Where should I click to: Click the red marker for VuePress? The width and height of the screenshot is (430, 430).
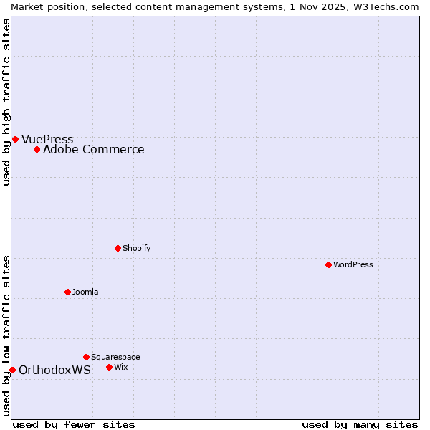tap(15, 139)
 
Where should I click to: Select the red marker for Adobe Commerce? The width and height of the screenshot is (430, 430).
tap(37, 149)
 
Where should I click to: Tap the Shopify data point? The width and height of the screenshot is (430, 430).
tap(118, 248)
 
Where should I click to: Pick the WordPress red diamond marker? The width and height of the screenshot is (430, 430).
tap(328, 264)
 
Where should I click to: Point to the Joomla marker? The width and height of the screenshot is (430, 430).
tap(67, 292)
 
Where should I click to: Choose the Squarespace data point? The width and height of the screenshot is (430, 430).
tap(86, 357)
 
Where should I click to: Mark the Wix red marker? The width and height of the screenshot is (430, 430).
tap(109, 367)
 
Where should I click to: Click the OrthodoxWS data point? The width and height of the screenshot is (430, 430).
tap(12, 370)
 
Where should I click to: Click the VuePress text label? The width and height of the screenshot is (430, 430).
tap(47, 139)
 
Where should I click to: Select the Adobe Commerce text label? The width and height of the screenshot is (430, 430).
tap(93, 149)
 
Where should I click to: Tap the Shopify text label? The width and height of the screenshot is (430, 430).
tap(136, 248)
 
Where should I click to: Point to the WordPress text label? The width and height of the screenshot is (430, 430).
tap(353, 264)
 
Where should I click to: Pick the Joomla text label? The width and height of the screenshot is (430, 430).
tap(85, 292)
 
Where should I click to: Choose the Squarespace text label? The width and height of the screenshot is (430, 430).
tap(115, 357)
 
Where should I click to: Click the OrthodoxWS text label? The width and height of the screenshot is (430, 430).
tap(54, 370)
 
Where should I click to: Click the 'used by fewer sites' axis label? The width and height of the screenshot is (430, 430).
tap(74, 424)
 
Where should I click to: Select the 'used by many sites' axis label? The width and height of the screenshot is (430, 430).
tap(360, 424)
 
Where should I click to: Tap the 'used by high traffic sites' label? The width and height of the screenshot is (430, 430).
tap(6, 102)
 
